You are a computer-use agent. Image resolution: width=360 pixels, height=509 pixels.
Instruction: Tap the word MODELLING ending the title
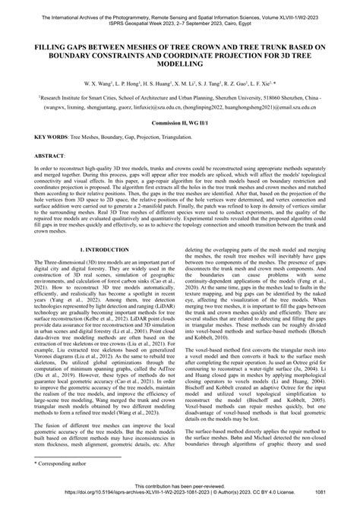coord(179,65)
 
